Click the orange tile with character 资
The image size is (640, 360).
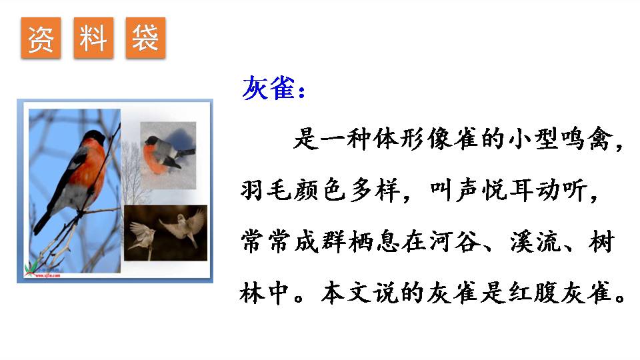[x=41, y=39]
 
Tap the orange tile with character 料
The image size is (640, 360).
[x=93, y=39]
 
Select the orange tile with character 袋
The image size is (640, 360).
[x=145, y=39]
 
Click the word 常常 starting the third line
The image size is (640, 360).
[x=268, y=242]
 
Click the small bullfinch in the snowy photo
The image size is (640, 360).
[x=164, y=153]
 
